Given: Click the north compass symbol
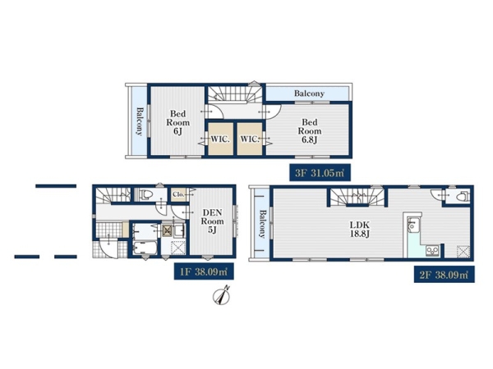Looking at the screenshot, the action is coord(222,296).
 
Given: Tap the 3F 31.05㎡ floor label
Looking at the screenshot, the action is coord(320,172).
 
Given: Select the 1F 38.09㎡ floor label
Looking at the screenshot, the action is coord(204,271).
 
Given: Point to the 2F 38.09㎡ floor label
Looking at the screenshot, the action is coord(444,275).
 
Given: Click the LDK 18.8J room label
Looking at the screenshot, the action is coord(360,230).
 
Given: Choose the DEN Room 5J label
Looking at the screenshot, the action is coord(212,221).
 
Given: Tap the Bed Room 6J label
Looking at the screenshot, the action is coord(178,122).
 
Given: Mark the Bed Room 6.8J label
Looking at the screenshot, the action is coord(310,131).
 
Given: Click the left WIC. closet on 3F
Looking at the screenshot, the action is coord(220,139).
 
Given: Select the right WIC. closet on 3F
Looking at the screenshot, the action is coord(250,139).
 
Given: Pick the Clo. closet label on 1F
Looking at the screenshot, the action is coord(178,194).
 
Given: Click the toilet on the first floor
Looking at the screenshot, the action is coord(146,195).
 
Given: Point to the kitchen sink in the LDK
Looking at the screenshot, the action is coord(411,225).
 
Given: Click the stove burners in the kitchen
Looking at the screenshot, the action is coord(432,251).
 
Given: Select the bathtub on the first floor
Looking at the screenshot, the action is coord(145,248).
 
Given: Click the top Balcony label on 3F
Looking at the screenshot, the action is coord(309,93).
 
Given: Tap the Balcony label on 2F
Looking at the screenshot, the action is coord(261,224).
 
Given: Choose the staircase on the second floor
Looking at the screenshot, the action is coord(357,197).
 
